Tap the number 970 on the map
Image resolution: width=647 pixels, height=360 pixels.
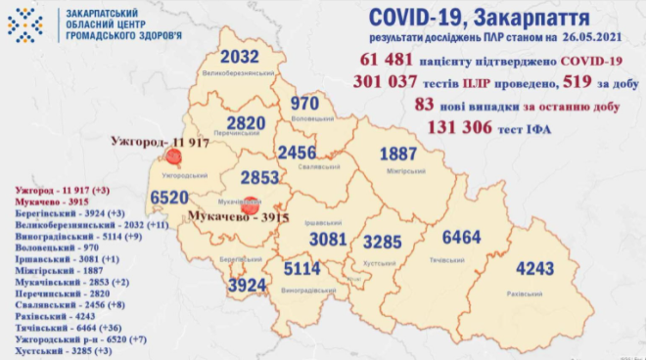pos(306,103)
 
